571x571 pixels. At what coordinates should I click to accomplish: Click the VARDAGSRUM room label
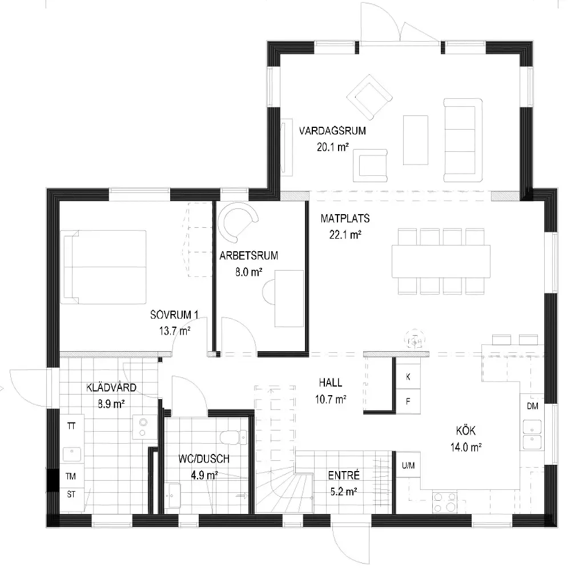(x=332, y=131)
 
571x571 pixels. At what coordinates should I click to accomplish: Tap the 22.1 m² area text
(x=345, y=235)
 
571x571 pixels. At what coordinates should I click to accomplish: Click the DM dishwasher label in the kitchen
(x=532, y=406)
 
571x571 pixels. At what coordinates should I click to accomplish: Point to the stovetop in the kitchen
(x=445, y=502)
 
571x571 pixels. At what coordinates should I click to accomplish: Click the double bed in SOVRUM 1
(x=103, y=267)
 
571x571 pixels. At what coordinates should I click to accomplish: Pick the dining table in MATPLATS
(x=441, y=262)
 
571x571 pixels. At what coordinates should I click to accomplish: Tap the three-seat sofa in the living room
(x=463, y=140)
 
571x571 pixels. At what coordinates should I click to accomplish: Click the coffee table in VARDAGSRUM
(x=416, y=140)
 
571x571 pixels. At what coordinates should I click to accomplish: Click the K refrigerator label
(x=408, y=376)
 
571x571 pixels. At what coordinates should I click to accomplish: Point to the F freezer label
(x=408, y=401)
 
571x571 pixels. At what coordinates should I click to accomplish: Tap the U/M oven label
(x=408, y=465)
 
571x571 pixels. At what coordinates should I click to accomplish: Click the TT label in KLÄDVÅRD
(x=71, y=426)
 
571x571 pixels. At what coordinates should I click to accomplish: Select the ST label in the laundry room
(x=71, y=494)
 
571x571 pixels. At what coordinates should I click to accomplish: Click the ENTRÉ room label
(x=344, y=475)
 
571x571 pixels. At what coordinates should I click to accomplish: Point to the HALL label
(x=331, y=383)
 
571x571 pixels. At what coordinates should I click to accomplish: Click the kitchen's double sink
(x=532, y=435)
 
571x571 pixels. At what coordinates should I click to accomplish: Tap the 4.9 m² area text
(x=204, y=475)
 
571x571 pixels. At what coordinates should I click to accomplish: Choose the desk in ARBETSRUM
(x=289, y=299)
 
